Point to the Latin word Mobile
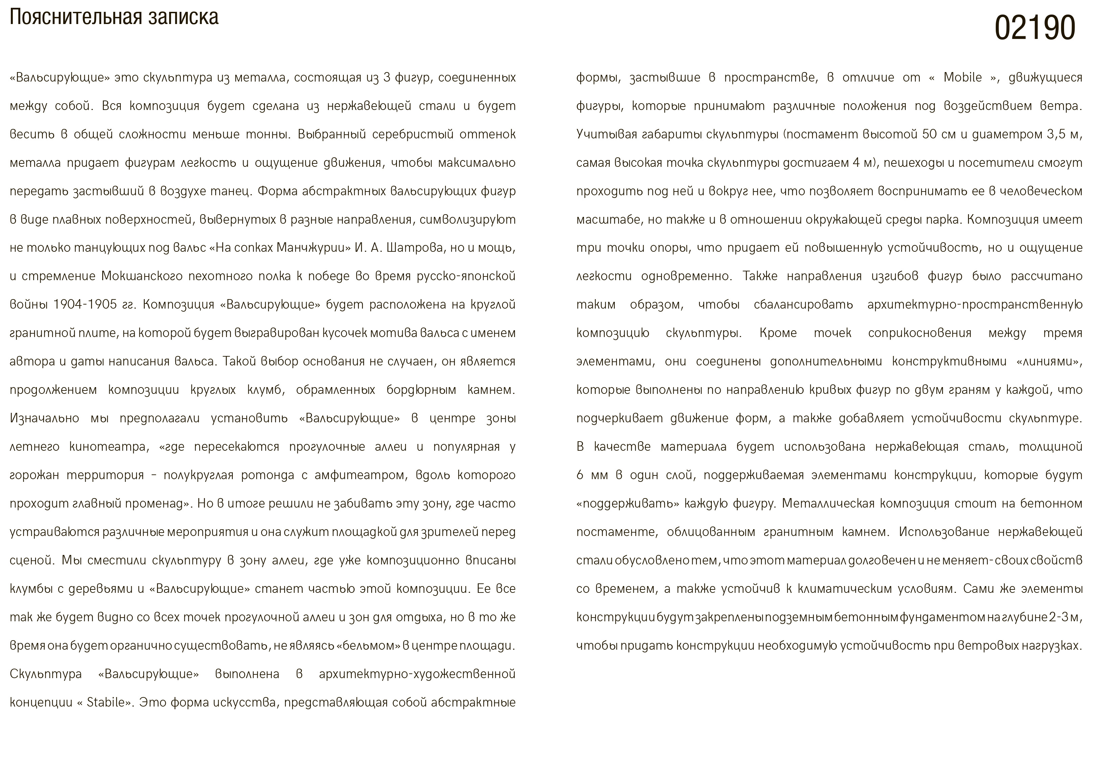(963, 77)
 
